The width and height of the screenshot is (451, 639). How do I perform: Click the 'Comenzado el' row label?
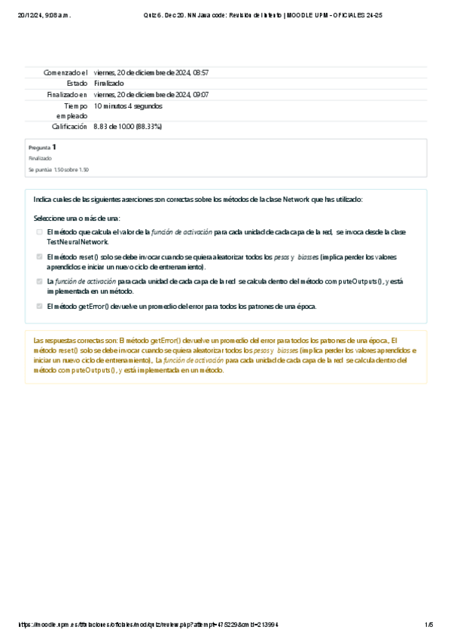(66, 72)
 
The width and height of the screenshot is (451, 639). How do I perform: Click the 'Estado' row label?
(77, 83)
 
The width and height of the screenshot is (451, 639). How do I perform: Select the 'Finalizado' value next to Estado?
(110, 83)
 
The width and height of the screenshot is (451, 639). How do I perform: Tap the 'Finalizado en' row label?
(67, 94)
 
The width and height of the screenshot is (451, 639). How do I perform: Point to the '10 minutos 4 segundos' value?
(128, 106)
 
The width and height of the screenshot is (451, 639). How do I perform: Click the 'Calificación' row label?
(69, 127)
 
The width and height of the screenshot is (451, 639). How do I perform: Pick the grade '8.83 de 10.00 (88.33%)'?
(128, 127)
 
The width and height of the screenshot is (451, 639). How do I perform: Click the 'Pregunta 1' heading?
(42, 148)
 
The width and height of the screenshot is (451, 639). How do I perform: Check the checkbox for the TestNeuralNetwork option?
(39, 232)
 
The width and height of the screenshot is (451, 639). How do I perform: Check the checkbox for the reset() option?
(39, 257)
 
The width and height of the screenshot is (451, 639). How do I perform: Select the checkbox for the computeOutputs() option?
(39, 281)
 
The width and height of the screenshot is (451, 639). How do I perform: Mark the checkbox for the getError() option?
(39, 306)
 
